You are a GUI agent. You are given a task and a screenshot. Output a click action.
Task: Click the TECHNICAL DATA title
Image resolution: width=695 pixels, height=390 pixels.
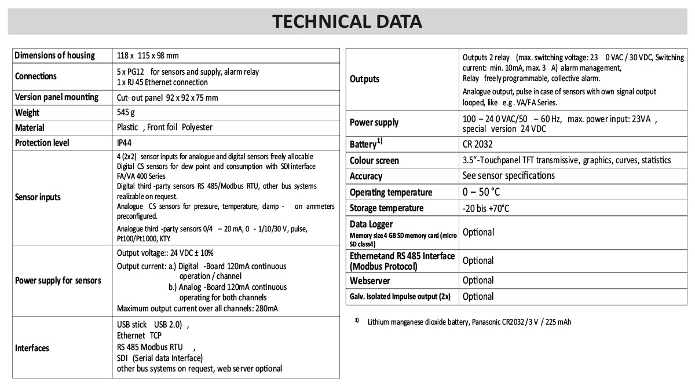[347, 21]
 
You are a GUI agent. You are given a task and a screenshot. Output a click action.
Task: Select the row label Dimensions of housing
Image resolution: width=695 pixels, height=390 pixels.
[54, 56]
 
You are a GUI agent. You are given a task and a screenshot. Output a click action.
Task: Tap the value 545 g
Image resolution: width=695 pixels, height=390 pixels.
[126, 112]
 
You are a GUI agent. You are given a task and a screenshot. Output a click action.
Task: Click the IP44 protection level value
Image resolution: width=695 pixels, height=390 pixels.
[125, 142]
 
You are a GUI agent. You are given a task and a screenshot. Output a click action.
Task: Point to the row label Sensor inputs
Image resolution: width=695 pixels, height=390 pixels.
[38, 197]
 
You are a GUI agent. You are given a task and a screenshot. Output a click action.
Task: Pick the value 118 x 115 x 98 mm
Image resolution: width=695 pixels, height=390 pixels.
[148, 56]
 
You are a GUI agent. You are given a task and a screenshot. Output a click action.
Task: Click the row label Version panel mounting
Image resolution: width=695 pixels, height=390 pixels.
[57, 97]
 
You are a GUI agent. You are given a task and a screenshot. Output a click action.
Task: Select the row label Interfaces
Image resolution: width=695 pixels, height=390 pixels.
[32, 348]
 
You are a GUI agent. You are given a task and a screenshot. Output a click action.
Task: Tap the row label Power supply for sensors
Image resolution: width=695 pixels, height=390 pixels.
[58, 281]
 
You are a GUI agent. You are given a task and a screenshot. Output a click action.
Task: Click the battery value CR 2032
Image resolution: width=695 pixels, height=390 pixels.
[478, 144]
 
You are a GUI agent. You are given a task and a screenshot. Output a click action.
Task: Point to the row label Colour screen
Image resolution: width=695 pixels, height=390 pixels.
[374, 160]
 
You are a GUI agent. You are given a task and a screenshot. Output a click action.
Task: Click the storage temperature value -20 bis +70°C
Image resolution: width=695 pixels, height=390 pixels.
[486, 208]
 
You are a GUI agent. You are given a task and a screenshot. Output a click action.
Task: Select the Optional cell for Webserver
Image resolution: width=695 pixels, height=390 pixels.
[478, 281]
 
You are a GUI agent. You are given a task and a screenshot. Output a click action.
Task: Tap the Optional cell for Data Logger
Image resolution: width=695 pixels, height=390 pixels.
[478, 232]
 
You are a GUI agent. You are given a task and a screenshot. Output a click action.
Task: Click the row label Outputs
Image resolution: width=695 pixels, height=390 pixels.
[365, 79]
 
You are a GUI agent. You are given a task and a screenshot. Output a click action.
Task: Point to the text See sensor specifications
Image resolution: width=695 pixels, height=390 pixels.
[509, 175]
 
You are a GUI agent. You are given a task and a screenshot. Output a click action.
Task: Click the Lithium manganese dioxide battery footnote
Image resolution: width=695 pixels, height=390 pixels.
[469, 322]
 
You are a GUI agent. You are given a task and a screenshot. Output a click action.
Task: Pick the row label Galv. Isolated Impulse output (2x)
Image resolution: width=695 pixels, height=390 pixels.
[400, 297]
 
